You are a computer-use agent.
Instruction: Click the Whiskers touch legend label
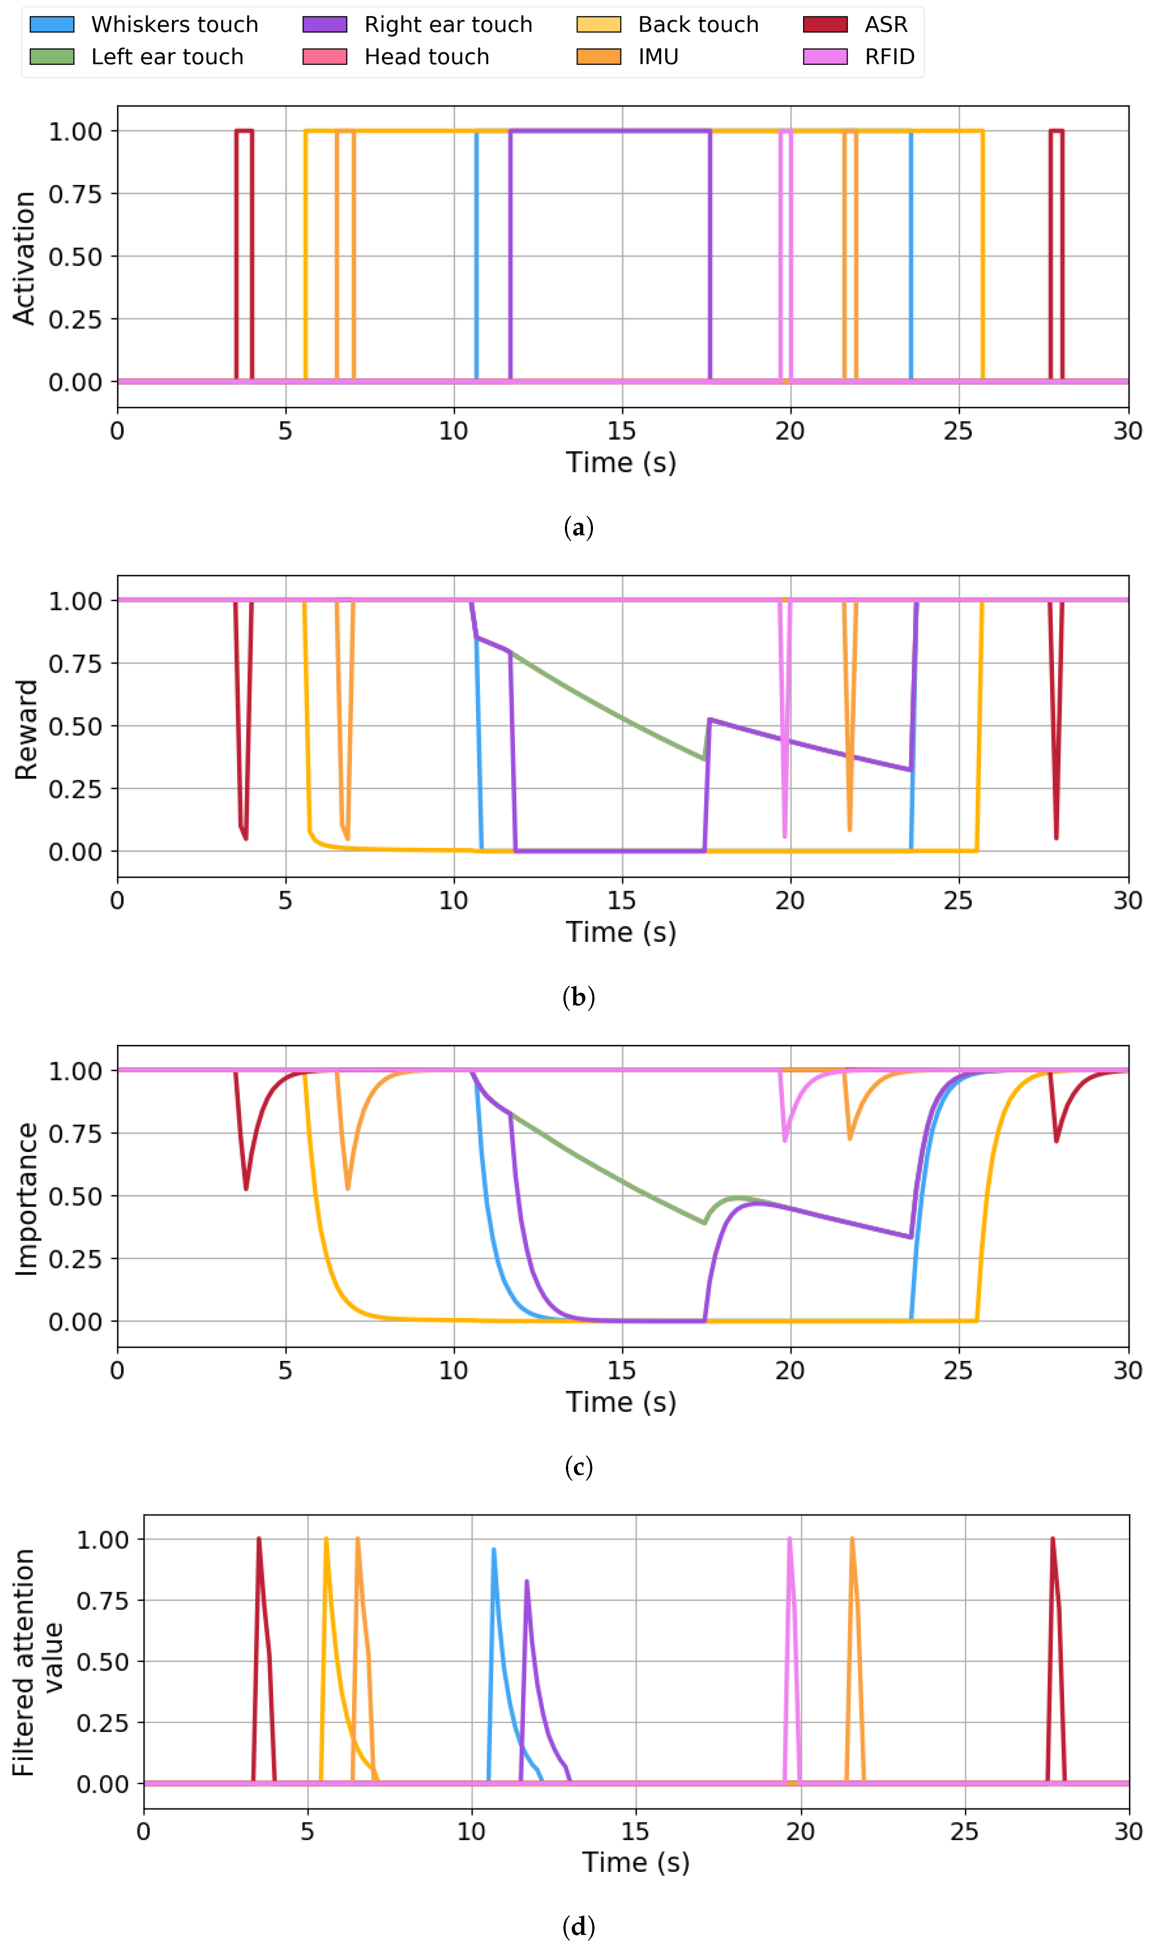click(x=174, y=24)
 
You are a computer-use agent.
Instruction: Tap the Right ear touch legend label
click(x=448, y=24)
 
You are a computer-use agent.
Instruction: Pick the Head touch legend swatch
click(x=325, y=57)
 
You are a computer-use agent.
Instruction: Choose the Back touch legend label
click(x=698, y=24)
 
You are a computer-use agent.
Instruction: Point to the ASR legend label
click(x=886, y=24)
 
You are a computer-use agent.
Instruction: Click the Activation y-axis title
click(x=24, y=257)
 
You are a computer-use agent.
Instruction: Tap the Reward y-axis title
click(x=26, y=730)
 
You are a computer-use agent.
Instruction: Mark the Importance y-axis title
click(x=26, y=1199)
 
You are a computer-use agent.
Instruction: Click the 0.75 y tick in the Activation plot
click(x=76, y=194)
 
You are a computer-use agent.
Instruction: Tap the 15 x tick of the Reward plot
click(x=621, y=901)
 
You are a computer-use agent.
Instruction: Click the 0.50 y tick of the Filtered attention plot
click(x=102, y=1662)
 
